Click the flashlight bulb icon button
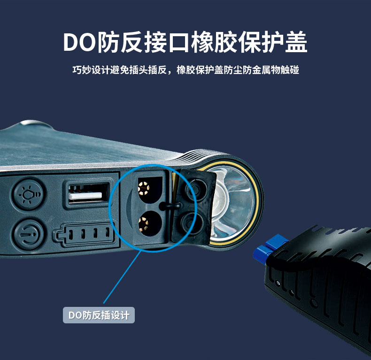click(x=28, y=195)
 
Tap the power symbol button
click(x=28, y=235)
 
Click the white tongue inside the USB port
click(x=85, y=196)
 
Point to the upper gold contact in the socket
click(x=144, y=188)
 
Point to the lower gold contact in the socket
click(x=143, y=224)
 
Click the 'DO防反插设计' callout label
click(x=99, y=315)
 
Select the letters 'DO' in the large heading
click(x=79, y=42)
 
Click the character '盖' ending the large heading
click(x=296, y=42)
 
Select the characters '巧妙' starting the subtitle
click(x=82, y=70)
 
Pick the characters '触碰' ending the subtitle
click(x=290, y=70)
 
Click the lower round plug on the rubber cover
click(x=192, y=223)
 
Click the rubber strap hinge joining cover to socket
click(x=170, y=206)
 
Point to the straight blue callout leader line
click(x=122, y=277)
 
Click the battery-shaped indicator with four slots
click(x=84, y=234)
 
